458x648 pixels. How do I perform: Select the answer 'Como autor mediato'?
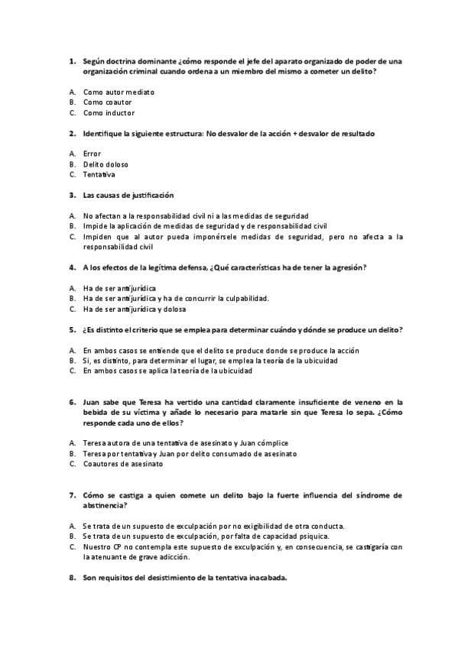119,92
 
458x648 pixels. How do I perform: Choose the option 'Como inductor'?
109,112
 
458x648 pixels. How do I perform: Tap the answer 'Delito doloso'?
106,164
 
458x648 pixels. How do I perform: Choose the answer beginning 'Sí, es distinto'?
210,361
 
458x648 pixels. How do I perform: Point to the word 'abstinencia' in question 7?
105,505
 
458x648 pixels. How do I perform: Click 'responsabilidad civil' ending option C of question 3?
119,247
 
